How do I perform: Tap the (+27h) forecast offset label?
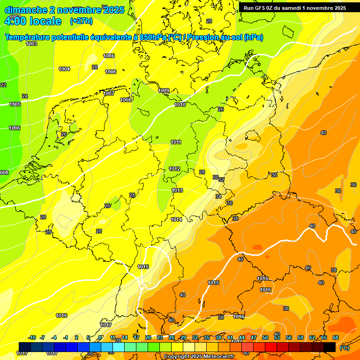tap(81, 21)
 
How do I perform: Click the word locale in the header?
tap(45, 21)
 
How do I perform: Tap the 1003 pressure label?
tap(31, 44)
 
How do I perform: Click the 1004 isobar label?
tap(64, 69)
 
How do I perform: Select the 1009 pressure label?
tap(164, 90)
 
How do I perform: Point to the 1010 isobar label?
tap(180, 105)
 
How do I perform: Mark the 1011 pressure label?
tap(176, 142)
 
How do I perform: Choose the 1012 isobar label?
tap(174, 169)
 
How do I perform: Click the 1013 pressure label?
tap(177, 190)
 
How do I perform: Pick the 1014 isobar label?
tap(176, 219)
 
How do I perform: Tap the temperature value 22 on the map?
tap(3, 85)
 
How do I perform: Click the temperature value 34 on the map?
tap(218, 196)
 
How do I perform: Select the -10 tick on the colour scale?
tap(32, 337)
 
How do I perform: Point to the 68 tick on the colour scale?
tap(336, 337)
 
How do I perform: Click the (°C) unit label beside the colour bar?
tap(344, 348)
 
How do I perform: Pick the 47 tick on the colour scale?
tap(254, 337)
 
